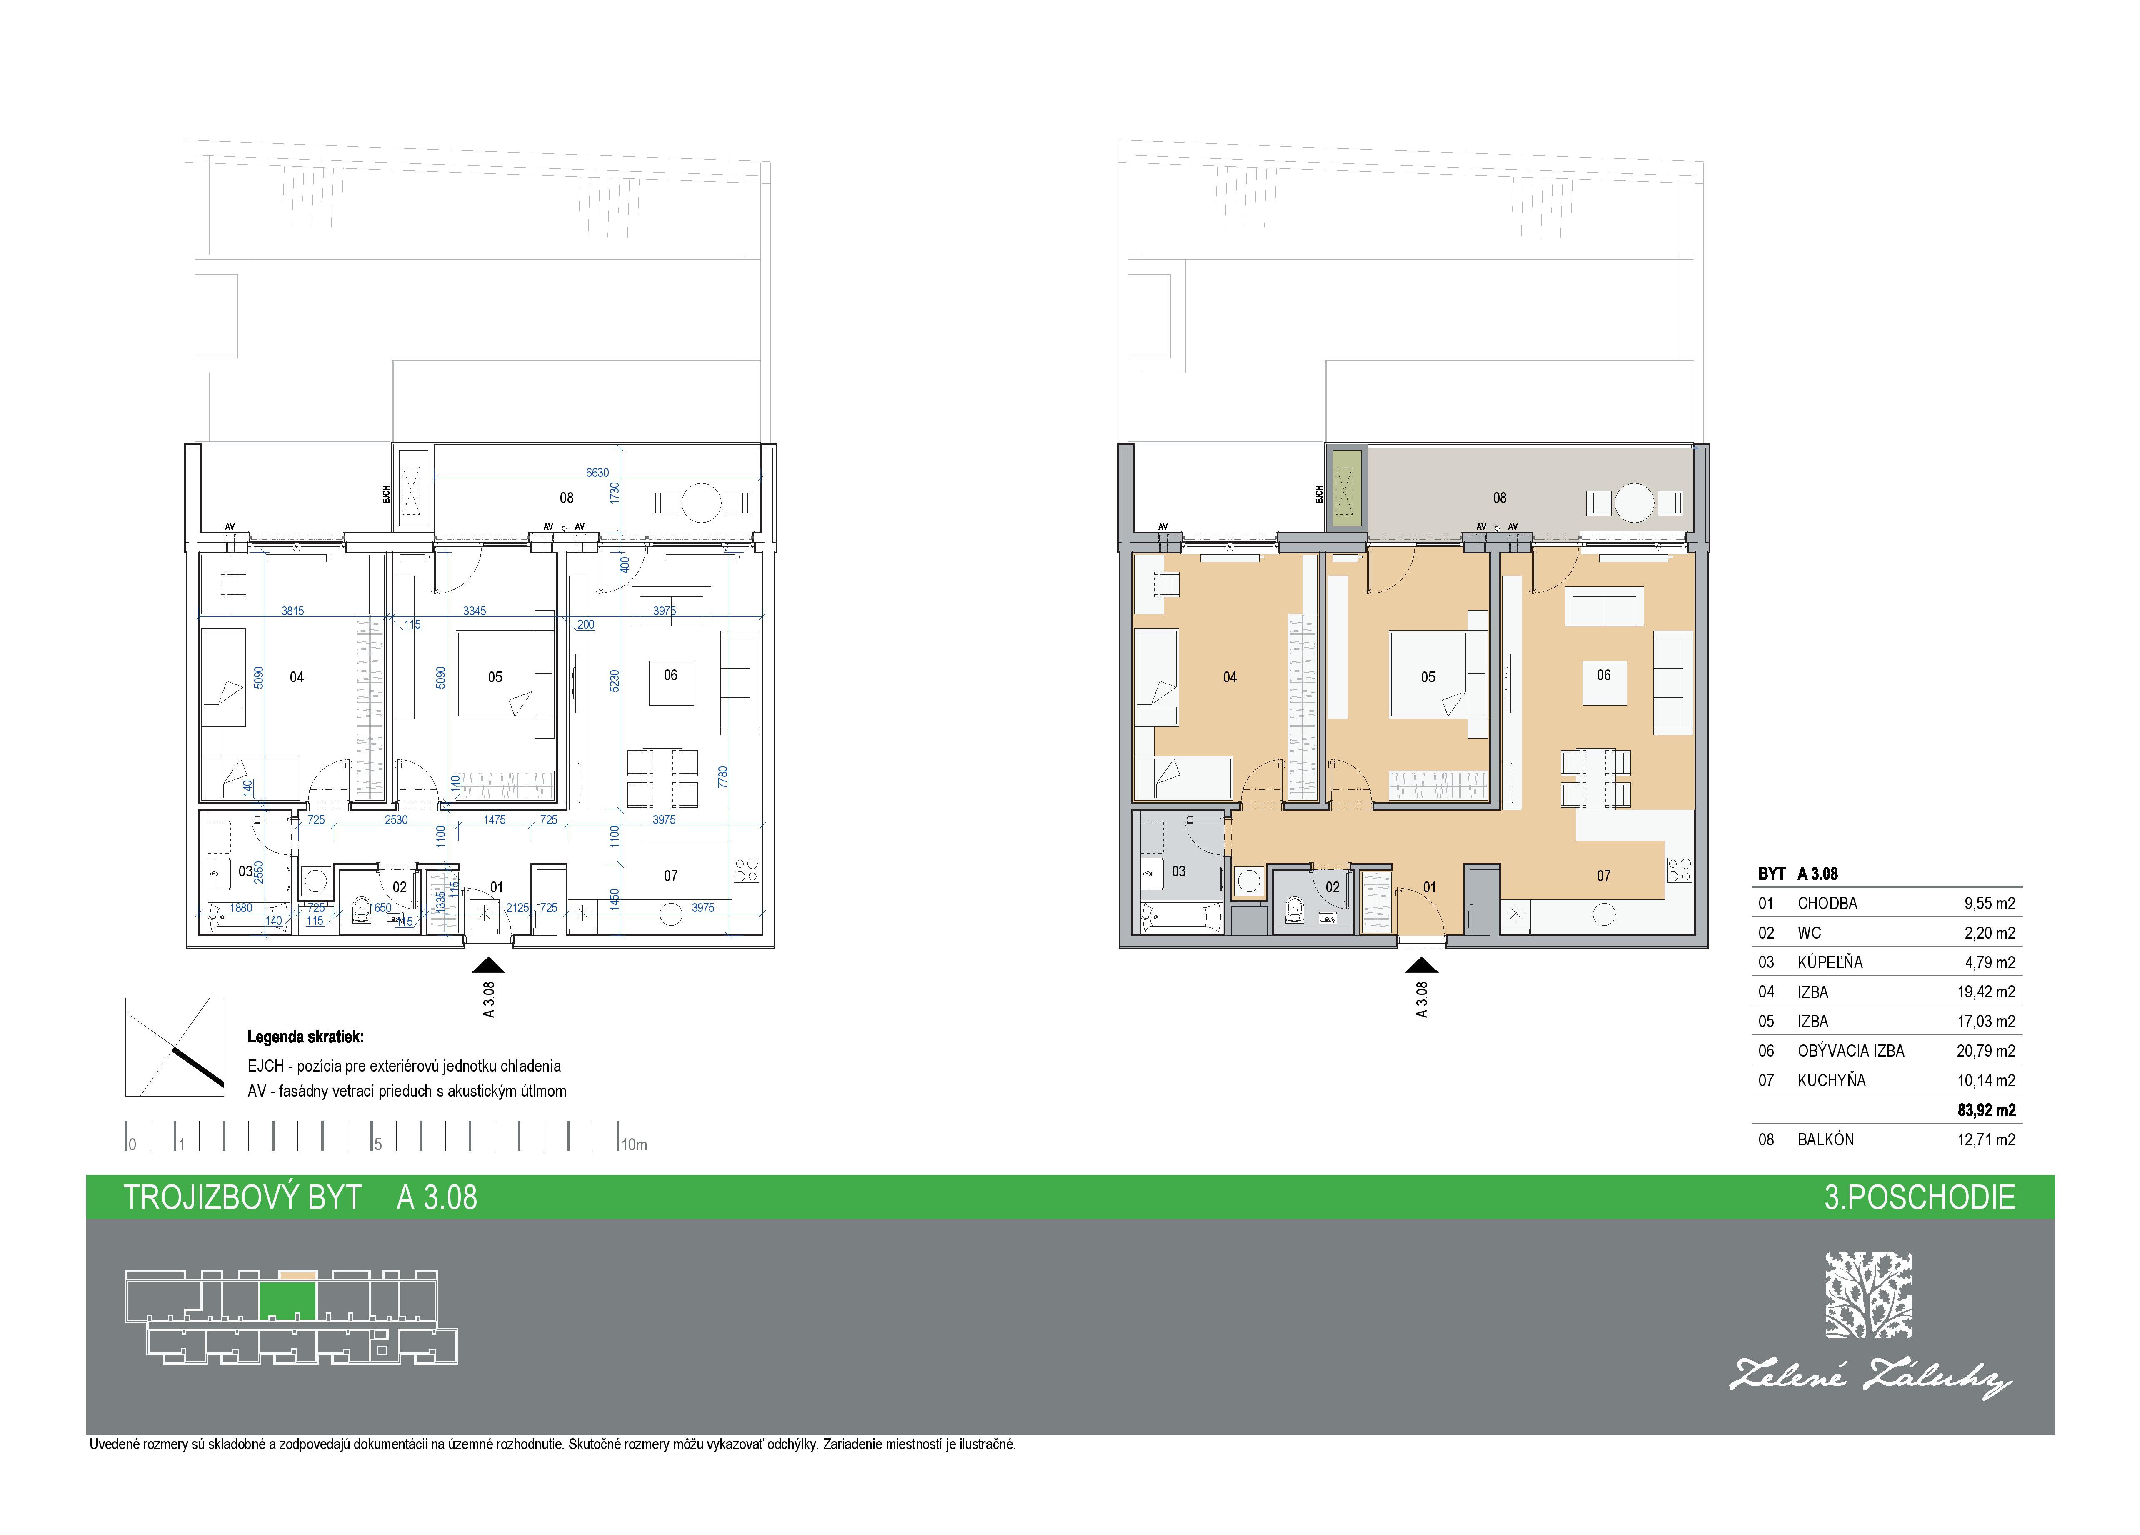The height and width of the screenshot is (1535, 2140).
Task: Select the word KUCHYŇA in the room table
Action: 1831,1081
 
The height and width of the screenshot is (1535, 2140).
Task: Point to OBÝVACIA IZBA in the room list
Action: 1850,1051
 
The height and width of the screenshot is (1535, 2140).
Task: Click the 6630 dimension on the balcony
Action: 597,473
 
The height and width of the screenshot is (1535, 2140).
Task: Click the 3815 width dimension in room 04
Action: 292,611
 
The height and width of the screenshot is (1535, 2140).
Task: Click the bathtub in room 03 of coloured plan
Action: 1180,916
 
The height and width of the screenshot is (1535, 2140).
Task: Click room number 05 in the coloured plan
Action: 1427,677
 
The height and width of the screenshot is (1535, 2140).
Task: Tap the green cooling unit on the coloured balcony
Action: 1347,488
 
